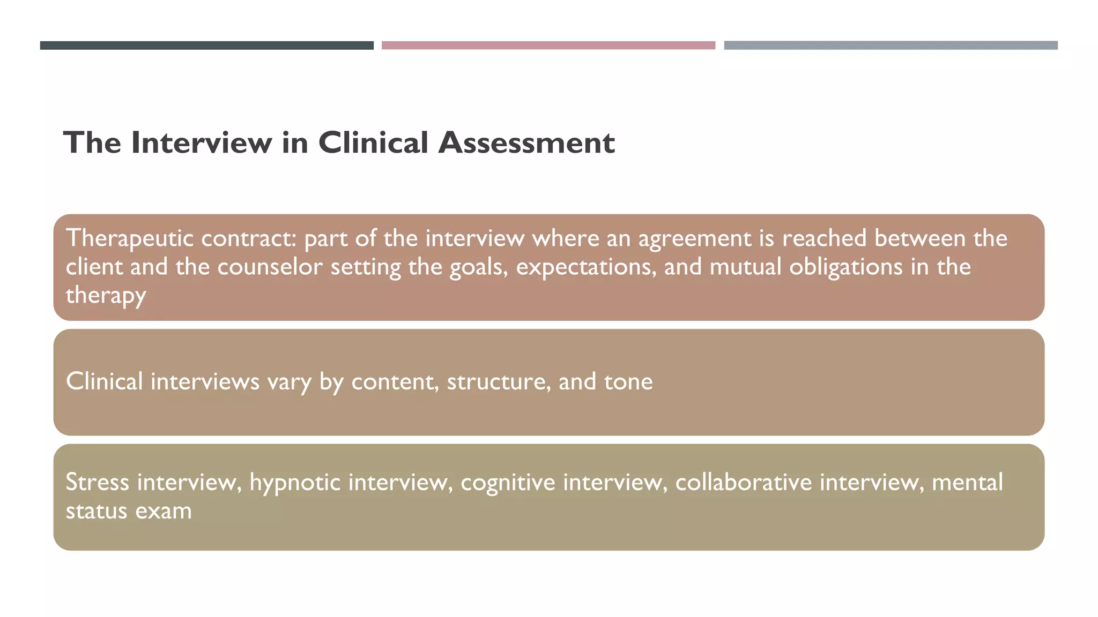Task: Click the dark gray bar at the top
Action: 206,46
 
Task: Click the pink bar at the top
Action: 548,46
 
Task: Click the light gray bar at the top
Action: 891,46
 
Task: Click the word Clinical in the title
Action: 373,143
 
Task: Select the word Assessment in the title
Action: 526,143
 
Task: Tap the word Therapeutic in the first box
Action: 129,239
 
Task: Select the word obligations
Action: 845,267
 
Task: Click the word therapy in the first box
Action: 106,296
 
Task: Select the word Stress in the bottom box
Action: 97,483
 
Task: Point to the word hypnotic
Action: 295,483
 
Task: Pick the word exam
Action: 163,511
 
